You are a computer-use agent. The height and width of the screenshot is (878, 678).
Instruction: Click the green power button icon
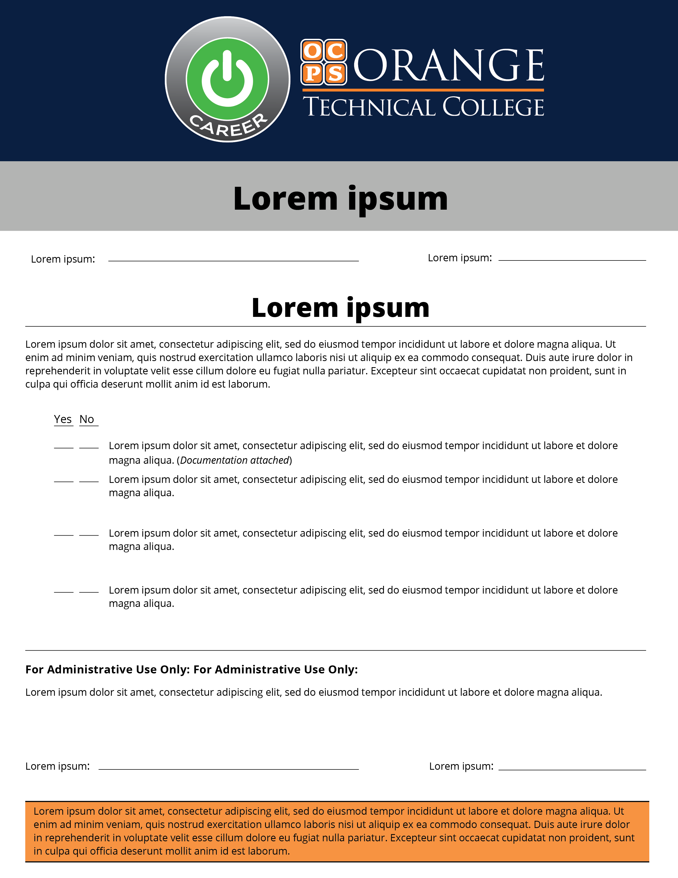pyautogui.click(x=227, y=79)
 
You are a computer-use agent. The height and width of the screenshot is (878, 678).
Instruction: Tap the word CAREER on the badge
pyautogui.click(x=228, y=125)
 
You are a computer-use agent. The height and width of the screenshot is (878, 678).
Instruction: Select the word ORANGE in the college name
pyautogui.click(x=449, y=65)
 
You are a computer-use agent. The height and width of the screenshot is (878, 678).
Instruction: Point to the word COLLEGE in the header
pyautogui.click(x=493, y=107)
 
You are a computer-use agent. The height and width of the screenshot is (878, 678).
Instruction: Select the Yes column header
pyautogui.click(x=63, y=419)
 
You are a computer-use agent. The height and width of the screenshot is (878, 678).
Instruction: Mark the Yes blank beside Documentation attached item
pyautogui.click(x=64, y=447)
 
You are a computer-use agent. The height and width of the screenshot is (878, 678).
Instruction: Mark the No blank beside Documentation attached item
pyautogui.click(x=89, y=447)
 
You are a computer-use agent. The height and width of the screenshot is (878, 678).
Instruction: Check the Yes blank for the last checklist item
pyautogui.click(x=64, y=591)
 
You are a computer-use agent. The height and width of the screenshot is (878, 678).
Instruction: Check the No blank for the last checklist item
pyautogui.click(x=89, y=591)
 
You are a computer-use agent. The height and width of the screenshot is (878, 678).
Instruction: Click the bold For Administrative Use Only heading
pyautogui.click(x=191, y=669)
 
